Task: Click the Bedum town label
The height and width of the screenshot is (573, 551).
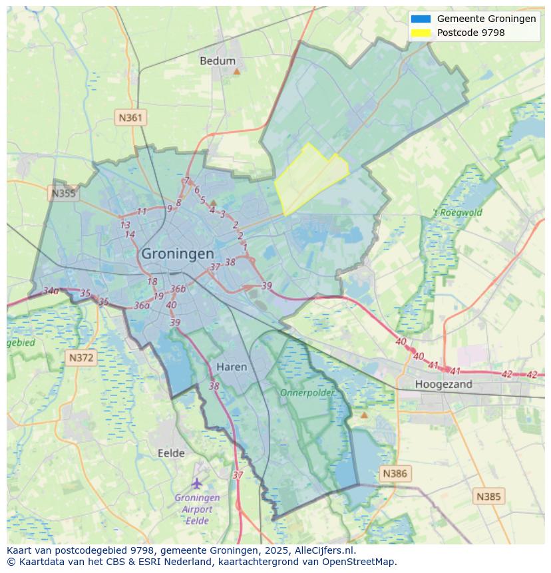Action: (x=218, y=61)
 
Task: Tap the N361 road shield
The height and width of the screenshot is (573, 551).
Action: (x=130, y=118)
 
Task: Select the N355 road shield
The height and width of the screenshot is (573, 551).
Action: (x=63, y=194)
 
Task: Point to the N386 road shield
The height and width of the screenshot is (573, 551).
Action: (x=394, y=474)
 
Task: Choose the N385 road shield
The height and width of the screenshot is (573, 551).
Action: (x=489, y=496)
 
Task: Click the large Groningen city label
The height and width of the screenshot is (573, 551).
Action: (x=178, y=254)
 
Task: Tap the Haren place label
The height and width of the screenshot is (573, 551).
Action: (x=232, y=367)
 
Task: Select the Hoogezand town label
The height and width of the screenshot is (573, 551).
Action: (x=443, y=384)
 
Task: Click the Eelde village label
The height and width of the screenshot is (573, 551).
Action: (x=171, y=453)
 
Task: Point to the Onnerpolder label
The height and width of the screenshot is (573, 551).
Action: (x=307, y=393)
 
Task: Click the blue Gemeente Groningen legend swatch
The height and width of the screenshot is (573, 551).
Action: (x=421, y=19)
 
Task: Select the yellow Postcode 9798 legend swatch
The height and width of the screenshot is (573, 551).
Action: (x=421, y=32)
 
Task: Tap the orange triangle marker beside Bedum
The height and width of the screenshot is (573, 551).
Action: (x=236, y=70)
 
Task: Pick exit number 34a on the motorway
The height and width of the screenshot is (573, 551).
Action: (x=51, y=291)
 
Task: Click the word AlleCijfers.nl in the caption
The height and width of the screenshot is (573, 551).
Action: (x=326, y=550)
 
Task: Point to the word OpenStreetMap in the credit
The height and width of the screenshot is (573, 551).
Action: (x=359, y=562)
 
